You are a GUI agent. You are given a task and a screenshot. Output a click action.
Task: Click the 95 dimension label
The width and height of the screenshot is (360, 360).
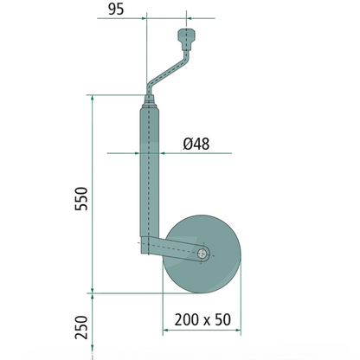(116, 10)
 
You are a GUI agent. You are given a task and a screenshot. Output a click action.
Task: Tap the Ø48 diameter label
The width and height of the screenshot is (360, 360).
(196, 144)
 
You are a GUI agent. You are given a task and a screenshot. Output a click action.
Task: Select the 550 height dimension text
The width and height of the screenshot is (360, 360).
(81, 199)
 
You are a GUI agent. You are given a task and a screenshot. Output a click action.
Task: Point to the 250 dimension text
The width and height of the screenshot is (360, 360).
(81, 327)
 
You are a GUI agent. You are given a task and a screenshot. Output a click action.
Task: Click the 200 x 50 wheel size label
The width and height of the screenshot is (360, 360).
(202, 319)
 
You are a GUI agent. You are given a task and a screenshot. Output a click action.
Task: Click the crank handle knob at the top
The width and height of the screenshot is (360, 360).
(187, 39)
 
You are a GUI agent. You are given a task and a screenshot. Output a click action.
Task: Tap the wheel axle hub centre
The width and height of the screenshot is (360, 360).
(202, 254)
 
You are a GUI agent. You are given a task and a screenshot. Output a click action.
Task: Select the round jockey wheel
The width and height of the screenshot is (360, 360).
(202, 254)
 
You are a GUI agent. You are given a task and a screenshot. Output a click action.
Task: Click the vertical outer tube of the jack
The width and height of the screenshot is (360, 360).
(150, 172)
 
